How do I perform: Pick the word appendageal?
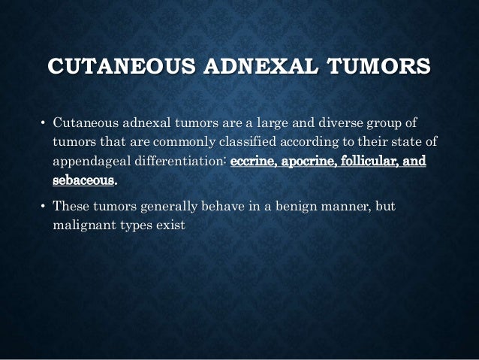(89, 162)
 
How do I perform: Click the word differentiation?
(178, 162)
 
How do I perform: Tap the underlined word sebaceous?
(84, 181)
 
